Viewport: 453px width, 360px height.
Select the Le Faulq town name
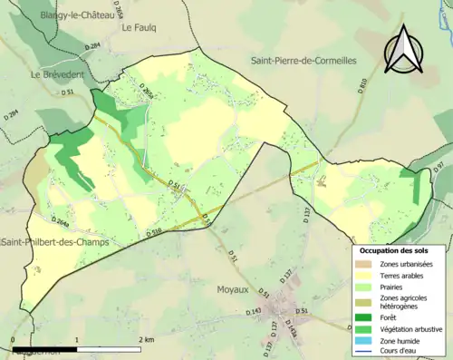[x=140, y=27]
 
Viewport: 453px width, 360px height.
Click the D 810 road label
[x=362, y=86]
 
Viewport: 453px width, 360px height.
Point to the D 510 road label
[x=154, y=233]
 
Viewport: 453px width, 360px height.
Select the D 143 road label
[x=253, y=311]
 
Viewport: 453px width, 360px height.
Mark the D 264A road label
[x=61, y=221]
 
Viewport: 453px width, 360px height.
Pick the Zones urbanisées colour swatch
[x=365, y=264]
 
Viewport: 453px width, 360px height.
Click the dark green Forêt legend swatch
[x=365, y=316]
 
